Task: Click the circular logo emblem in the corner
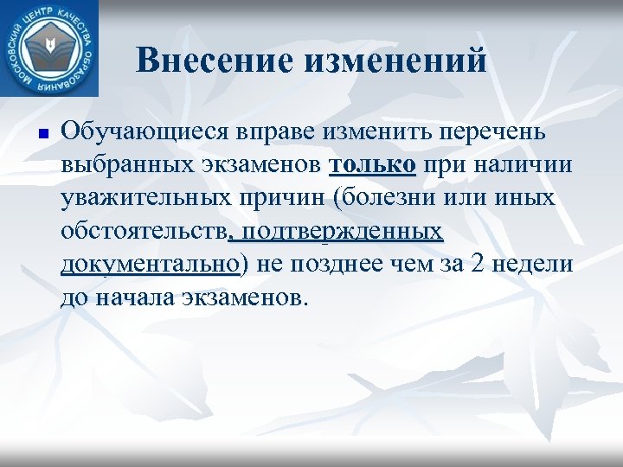(x=50, y=48)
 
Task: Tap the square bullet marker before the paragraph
(x=41, y=134)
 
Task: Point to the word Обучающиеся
(x=143, y=132)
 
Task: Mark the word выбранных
(x=117, y=165)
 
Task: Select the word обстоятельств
(x=143, y=231)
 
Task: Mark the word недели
(x=536, y=264)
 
